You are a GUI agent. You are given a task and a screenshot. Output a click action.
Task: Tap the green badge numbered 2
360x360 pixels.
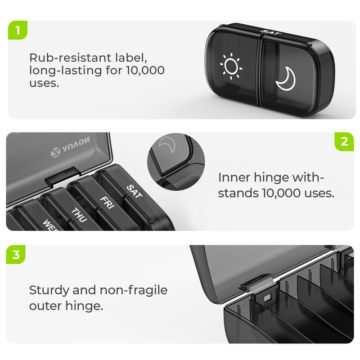pos(344,142)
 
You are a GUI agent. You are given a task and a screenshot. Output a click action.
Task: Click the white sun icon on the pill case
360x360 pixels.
pos(231,67)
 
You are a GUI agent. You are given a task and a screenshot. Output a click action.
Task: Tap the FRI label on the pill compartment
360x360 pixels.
pos(106,201)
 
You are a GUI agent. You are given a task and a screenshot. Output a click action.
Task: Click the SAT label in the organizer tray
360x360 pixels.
pos(134,191)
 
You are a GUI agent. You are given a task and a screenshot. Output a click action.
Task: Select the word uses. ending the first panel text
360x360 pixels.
pos(44,83)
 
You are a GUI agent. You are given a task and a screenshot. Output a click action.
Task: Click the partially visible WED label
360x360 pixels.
pos(49,224)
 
